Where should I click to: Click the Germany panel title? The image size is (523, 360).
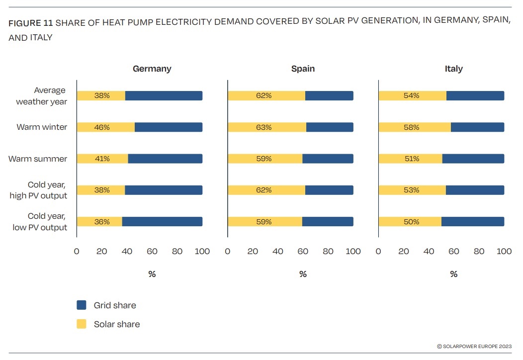click(x=152, y=69)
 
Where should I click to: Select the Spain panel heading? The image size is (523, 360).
click(x=303, y=69)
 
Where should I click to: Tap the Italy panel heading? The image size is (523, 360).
click(x=453, y=69)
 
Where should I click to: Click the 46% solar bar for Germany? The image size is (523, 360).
click(x=105, y=127)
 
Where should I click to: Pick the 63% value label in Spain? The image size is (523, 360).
click(x=264, y=127)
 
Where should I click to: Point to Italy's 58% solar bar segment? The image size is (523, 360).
click(x=415, y=127)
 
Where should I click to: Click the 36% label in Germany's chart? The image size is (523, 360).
click(x=102, y=222)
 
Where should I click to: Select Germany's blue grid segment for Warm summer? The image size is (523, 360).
click(x=165, y=159)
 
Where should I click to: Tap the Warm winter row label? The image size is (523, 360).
click(x=42, y=127)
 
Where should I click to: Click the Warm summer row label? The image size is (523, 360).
click(x=38, y=159)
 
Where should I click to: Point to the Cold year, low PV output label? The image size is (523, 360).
click(x=40, y=222)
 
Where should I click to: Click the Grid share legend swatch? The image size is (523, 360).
click(x=82, y=305)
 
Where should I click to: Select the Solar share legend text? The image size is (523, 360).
click(x=117, y=324)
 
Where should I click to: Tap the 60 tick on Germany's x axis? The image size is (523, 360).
click(x=152, y=252)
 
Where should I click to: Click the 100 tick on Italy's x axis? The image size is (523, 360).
click(x=504, y=252)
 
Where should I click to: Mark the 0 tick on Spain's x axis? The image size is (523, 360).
click(x=228, y=252)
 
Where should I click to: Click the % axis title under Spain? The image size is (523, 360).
click(x=303, y=274)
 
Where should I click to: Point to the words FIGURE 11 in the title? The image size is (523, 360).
click(x=31, y=23)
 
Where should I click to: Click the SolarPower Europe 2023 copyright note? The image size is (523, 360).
click(x=474, y=346)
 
